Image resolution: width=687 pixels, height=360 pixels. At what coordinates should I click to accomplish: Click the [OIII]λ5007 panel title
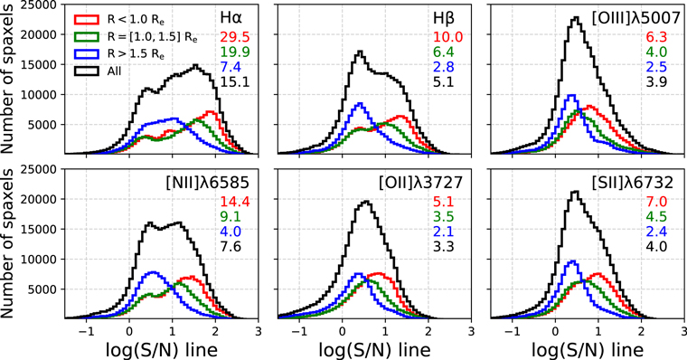(636, 19)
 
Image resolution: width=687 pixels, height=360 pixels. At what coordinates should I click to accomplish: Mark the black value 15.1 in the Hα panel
(235, 81)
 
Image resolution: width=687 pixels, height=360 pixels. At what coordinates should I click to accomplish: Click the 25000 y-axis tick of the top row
(39, 5)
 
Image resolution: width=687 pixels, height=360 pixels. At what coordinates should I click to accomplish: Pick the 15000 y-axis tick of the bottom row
(39, 230)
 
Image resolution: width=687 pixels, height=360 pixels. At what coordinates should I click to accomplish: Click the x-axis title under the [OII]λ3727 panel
(374, 350)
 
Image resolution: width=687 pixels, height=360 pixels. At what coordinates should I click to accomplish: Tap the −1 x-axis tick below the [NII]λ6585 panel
(86, 330)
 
